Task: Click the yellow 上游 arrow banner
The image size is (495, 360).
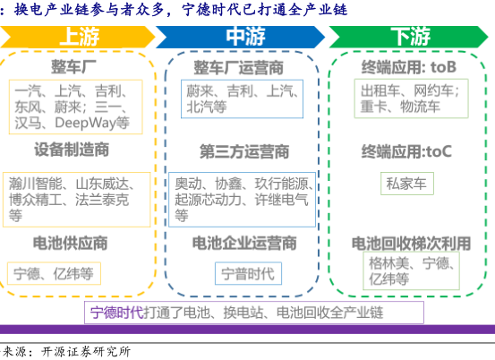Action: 77,37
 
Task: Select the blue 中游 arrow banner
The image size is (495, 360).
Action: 241,37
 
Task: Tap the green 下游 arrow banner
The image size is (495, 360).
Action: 408,37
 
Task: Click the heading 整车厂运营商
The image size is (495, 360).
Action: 238,68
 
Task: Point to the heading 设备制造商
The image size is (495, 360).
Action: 72,150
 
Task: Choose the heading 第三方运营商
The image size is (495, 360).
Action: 244,151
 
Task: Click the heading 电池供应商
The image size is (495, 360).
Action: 71,244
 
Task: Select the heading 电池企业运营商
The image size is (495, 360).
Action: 244,244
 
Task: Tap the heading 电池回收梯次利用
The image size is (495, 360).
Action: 412,244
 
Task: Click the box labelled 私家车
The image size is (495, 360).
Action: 407,184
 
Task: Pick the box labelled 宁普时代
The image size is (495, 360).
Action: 248,273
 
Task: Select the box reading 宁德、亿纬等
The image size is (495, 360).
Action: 54,273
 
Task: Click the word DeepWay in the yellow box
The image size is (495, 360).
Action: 85,123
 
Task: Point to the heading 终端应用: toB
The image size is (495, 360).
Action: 409,67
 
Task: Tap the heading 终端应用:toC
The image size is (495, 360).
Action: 406,151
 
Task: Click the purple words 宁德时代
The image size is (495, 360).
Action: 117,313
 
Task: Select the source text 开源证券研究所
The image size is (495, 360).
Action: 86,352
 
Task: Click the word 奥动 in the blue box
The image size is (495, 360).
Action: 189,184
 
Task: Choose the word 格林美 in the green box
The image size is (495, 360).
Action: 389,263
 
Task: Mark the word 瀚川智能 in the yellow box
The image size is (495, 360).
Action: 36,184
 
